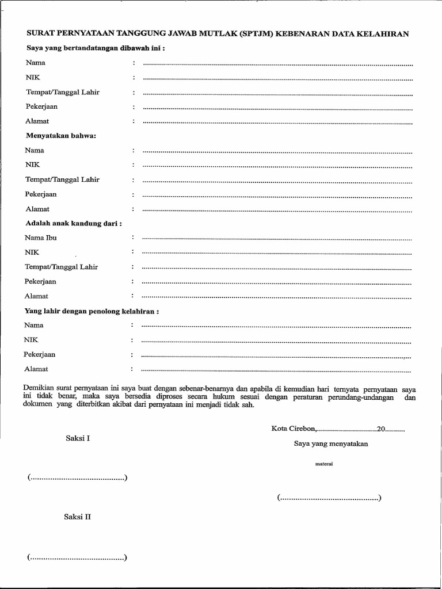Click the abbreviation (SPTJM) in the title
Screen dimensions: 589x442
254,34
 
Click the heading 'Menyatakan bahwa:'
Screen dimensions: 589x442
60,136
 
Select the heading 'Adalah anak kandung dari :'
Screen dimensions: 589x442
73,223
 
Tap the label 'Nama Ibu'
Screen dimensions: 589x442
40,238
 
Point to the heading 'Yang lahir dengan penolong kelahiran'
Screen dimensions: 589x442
91,311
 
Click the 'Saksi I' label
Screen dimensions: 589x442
78,438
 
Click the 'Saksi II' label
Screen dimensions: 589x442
78,517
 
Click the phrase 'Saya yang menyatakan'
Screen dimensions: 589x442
331,443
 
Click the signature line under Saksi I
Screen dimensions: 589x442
77,478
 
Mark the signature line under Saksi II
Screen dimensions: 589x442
77,557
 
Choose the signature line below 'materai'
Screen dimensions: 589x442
329,498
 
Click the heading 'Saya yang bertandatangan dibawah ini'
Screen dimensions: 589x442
95,48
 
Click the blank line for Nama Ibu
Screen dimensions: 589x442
276,238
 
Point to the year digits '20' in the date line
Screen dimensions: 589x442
381,429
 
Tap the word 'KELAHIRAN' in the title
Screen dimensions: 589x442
384,34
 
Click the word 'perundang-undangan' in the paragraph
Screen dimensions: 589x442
361,397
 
